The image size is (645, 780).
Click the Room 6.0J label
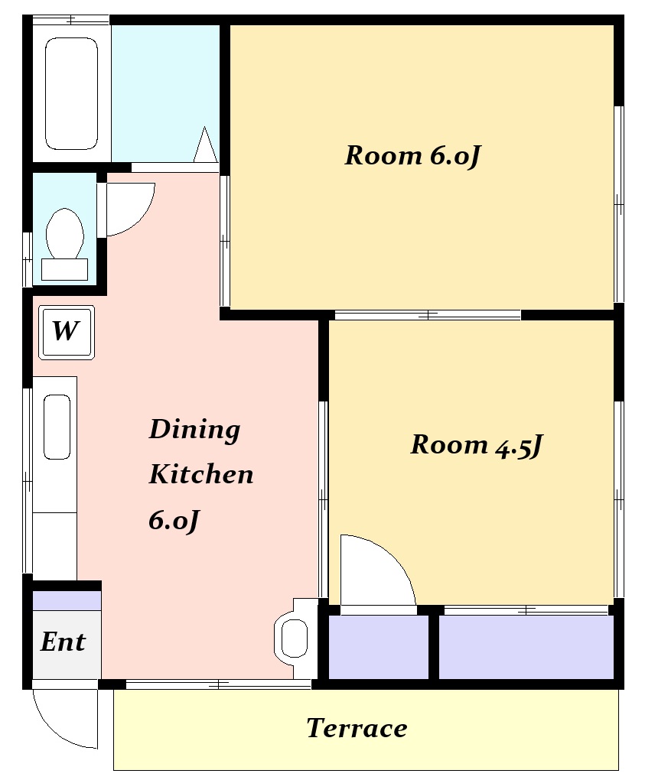pos(412,155)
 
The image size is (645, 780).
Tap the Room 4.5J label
pos(476,444)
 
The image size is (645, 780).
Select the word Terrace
pos(357,728)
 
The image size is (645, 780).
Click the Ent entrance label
pos(63,642)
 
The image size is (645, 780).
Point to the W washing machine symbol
pos(67,333)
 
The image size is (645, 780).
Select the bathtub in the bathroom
pos(71,93)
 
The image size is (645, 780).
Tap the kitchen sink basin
pos(57,427)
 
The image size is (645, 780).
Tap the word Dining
pos(194,429)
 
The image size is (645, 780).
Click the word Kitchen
pos(201,473)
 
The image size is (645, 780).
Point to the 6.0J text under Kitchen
pos(174,521)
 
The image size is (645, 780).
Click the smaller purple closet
pos(379,647)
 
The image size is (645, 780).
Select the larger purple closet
pos(526,647)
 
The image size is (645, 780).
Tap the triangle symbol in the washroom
pos(205,145)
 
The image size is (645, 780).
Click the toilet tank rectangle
pos(65,270)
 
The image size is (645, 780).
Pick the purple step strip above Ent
pos(67,600)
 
